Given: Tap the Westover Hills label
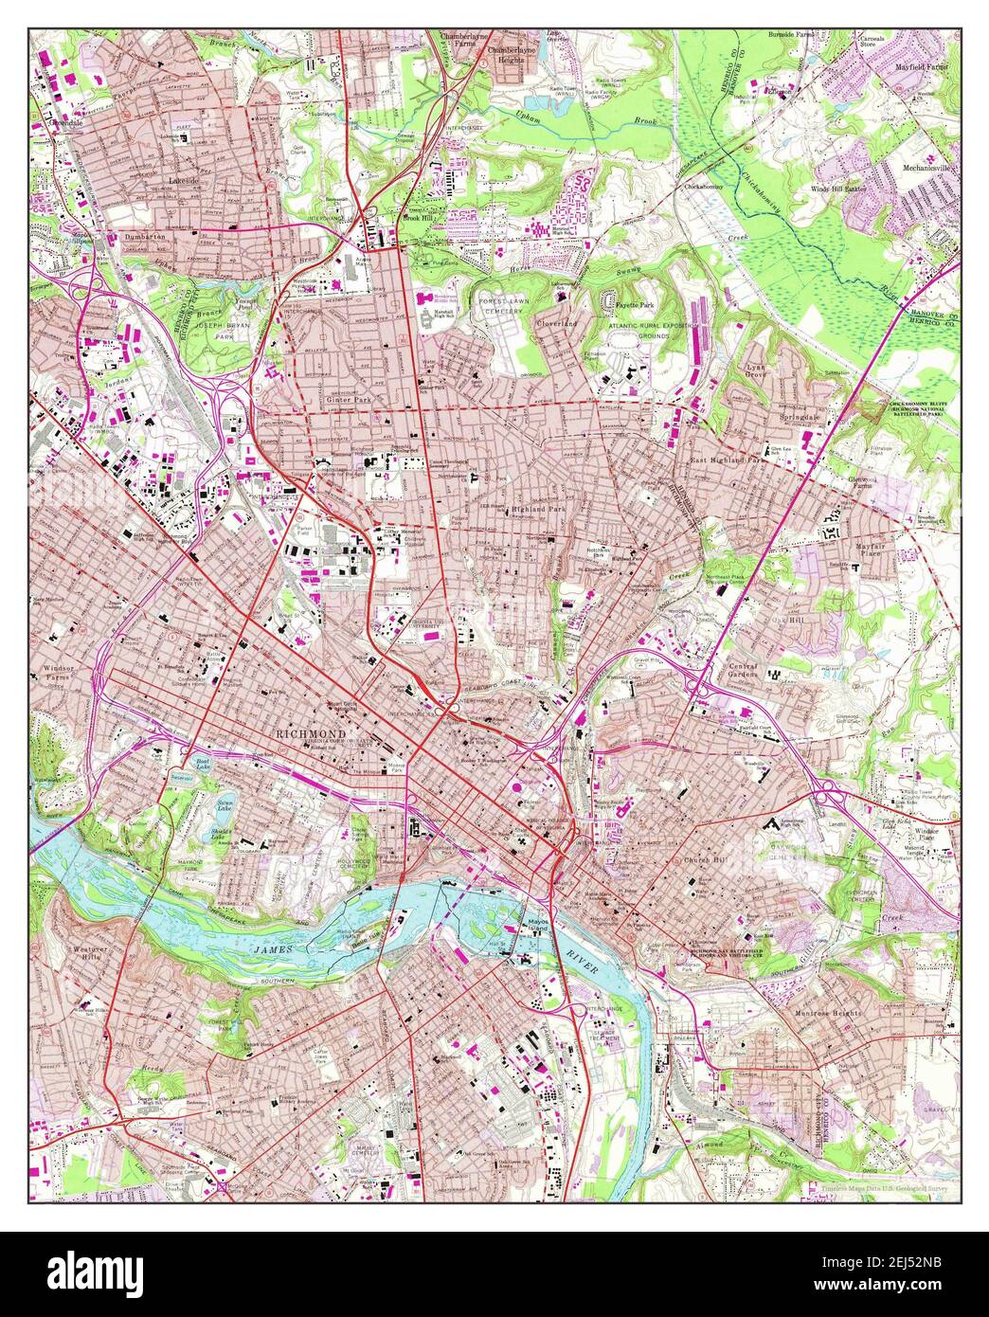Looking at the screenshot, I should pos(91,953).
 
